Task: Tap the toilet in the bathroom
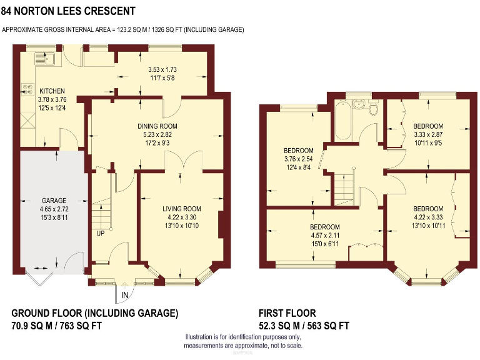[x=374, y=109]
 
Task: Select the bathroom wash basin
[x=359, y=104]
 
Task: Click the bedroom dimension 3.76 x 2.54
[x=298, y=159]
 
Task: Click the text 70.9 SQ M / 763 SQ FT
[x=57, y=326]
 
